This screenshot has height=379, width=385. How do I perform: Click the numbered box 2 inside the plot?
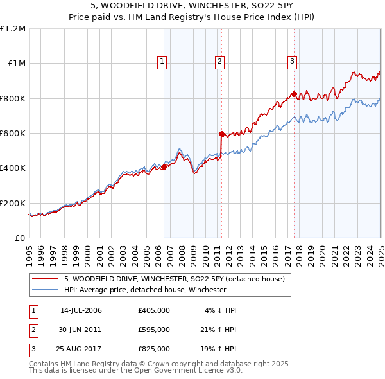[x=219, y=62]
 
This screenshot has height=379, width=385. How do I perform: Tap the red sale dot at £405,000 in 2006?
[x=164, y=167]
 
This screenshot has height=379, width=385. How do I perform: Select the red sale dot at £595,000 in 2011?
[x=221, y=134]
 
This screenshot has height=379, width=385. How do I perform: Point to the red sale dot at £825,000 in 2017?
[x=294, y=94]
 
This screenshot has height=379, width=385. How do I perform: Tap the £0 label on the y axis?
[x=19, y=238]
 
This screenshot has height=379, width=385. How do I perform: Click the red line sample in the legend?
[x=44, y=279]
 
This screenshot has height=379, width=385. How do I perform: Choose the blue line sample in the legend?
[x=44, y=290]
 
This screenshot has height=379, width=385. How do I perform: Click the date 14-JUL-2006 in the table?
[x=81, y=310]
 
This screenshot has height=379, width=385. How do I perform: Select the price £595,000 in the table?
[x=154, y=330]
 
